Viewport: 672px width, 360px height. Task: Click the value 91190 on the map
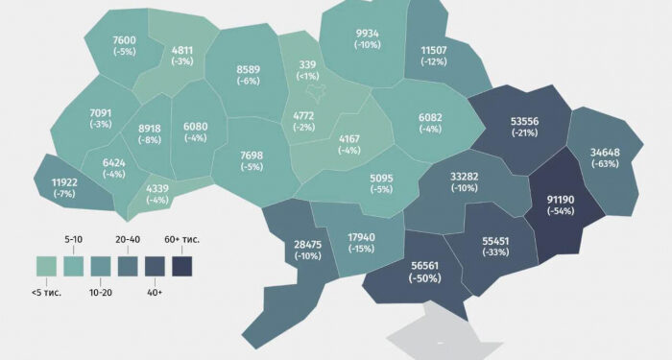560,200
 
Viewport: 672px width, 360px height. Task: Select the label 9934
366,34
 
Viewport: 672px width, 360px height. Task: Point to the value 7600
125,39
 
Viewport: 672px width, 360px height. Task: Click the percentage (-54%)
560,211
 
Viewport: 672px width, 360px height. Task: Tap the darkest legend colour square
181,262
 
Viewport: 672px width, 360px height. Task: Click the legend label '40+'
154,288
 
